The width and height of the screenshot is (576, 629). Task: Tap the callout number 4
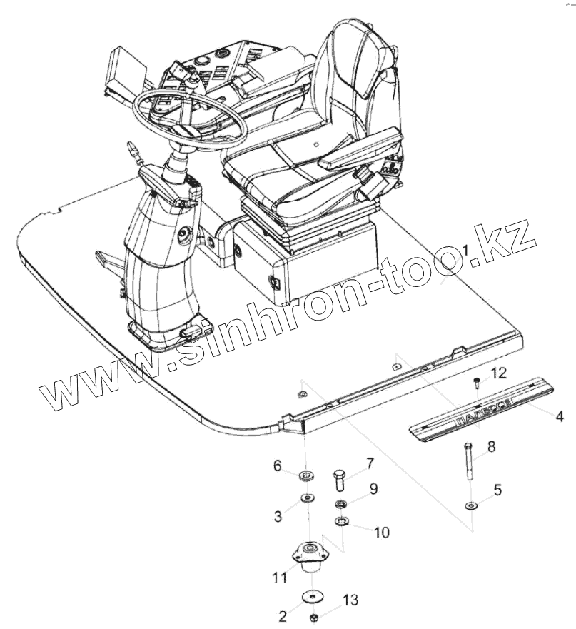(560, 415)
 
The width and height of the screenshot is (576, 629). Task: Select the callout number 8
(491, 447)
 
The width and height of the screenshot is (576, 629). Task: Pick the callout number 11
(278, 576)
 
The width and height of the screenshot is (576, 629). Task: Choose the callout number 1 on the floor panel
(465, 251)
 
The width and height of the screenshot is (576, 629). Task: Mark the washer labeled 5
(471, 506)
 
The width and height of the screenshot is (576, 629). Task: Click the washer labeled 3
(308, 498)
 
